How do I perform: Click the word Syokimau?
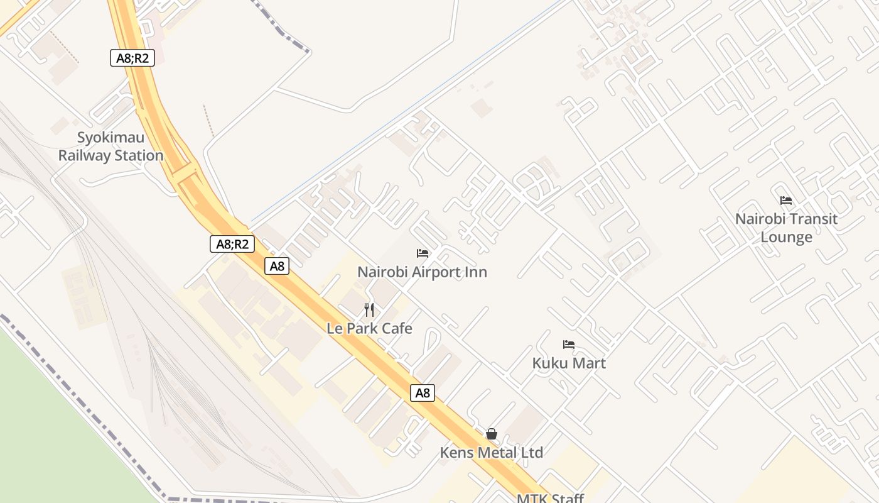pos(111,138)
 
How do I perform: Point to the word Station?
pos(138,155)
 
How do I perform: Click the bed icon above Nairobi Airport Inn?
pos(423,253)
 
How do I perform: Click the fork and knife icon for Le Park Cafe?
pos(369,310)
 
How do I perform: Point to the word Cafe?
pos(397,328)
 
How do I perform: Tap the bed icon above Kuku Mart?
pos(569,345)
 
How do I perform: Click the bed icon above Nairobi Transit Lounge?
pos(786,201)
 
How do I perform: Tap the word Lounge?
pos(786,237)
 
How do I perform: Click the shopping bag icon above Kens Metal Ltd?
pos(492,434)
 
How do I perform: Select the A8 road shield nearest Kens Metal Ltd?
pos(423,393)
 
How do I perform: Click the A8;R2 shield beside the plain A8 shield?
pos(232,244)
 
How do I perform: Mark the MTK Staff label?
pos(550,499)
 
